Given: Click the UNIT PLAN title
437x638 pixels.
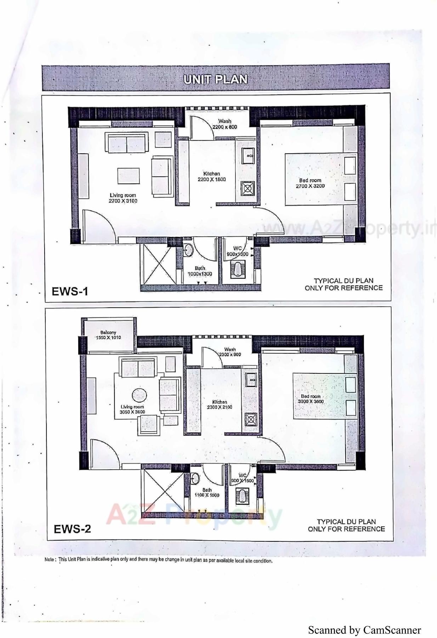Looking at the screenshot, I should click(x=215, y=79).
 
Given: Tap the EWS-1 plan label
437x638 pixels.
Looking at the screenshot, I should click(x=70, y=291).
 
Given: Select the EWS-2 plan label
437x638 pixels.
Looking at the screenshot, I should click(x=72, y=529).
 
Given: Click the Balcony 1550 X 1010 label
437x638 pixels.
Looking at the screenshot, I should click(x=108, y=335).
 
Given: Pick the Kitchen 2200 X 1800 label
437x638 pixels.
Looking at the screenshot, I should click(x=211, y=176).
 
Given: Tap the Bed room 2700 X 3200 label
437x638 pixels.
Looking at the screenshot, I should click(x=310, y=183).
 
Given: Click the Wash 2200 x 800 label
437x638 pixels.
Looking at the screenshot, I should click(x=225, y=124).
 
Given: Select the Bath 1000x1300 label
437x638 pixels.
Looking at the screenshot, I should click(x=200, y=271).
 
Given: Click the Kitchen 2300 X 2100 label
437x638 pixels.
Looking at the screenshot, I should click(x=220, y=405).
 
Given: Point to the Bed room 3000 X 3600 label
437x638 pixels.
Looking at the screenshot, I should click(x=311, y=399).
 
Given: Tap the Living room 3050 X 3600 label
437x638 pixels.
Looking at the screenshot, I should click(x=132, y=410).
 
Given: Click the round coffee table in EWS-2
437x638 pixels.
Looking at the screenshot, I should click(x=139, y=395).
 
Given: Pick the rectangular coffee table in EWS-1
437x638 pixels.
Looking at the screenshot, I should click(x=129, y=176).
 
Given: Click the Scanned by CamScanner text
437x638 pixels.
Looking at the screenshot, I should click(x=364, y=630).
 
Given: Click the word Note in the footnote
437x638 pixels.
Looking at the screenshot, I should click(x=50, y=560).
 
